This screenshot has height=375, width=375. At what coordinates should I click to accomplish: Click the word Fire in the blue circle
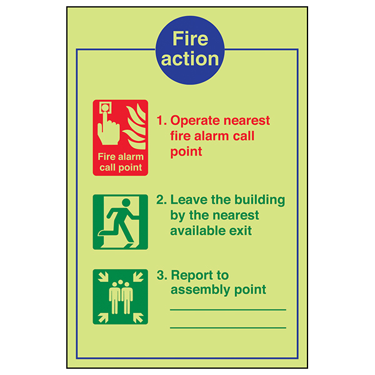pyautogui.click(x=190, y=39)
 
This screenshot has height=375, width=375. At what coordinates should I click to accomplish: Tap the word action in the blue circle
pyautogui.click(x=190, y=59)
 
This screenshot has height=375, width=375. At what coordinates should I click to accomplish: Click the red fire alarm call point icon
pyautogui.click(x=121, y=137)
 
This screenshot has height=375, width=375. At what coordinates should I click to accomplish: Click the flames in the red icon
pyautogui.click(x=136, y=125)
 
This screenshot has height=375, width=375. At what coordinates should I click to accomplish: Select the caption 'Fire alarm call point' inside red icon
pyautogui.click(x=120, y=162)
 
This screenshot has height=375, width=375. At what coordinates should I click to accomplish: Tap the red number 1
pyautogui.click(x=160, y=120)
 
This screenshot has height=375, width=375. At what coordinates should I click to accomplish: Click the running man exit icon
pyautogui.click(x=121, y=222)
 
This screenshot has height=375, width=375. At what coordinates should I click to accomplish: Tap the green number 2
pyautogui.click(x=161, y=200)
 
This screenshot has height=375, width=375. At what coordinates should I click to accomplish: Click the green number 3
pyautogui.click(x=161, y=276)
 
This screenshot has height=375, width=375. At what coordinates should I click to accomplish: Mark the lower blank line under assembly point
pyautogui.click(x=227, y=327)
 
